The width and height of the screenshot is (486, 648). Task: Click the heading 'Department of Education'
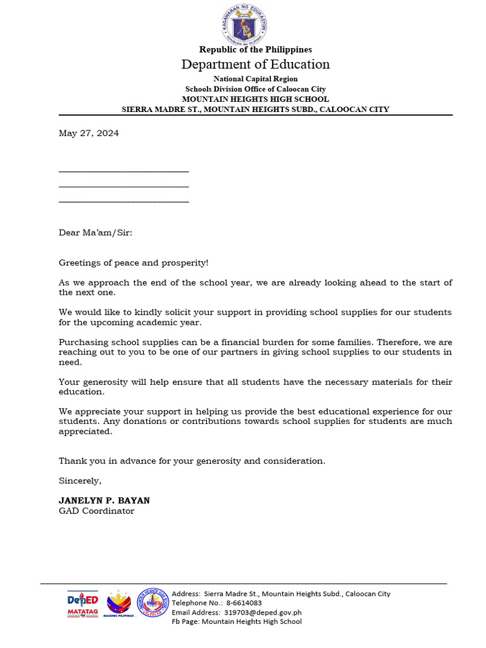[255, 64]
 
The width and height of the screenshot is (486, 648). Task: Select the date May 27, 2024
[89, 134]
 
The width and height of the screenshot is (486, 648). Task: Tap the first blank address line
[123, 171]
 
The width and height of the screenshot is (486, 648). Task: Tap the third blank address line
[123, 202]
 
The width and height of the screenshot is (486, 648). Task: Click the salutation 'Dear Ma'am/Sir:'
[96, 232]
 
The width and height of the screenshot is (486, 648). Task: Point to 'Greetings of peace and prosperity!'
[133, 263]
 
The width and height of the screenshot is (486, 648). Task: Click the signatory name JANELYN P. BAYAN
[104, 501]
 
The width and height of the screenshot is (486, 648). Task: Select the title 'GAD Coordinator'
[96, 511]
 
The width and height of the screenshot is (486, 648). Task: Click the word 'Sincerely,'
[80, 481]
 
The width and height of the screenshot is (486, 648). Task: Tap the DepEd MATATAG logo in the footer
[83, 604]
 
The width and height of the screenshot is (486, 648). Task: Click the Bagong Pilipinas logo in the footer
[119, 604]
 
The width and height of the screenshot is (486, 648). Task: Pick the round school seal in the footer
[153, 604]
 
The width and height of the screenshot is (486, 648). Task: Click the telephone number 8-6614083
[244, 603]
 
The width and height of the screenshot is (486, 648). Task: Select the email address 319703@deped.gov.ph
[262, 613]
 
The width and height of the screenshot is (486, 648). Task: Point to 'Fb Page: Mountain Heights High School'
[237, 622]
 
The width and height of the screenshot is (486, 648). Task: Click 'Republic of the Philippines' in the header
[255, 49]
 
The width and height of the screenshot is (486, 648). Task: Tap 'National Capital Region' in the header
[255, 79]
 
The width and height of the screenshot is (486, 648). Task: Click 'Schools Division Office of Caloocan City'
[255, 89]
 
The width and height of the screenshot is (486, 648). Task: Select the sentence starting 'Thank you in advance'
[192, 461]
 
